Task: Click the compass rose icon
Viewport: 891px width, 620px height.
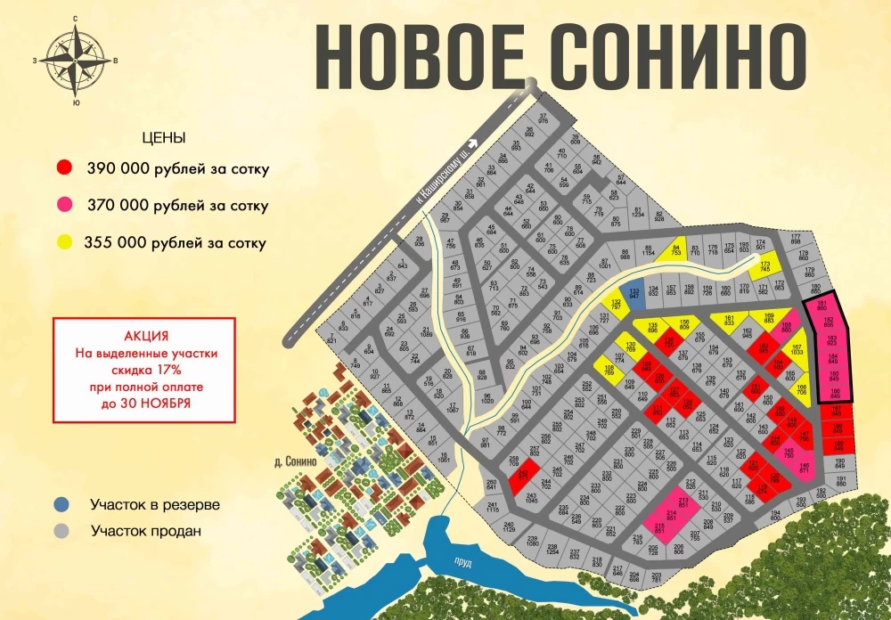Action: tap(75, 60)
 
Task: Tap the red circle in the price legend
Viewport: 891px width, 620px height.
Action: tap(64, 168)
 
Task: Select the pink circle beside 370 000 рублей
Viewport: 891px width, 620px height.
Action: tap(64, 206)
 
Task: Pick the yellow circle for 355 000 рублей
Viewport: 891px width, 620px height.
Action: tap(64, 242)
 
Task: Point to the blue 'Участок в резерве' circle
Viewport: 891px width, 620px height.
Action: tap(61, 504)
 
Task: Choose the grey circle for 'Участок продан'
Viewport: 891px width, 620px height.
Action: tap(61, 531)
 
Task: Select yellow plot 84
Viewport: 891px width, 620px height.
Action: tap(676, 251)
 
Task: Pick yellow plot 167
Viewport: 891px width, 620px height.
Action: tap(797, 350)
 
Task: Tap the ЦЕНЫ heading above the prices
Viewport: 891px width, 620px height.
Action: tap(164, 139)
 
